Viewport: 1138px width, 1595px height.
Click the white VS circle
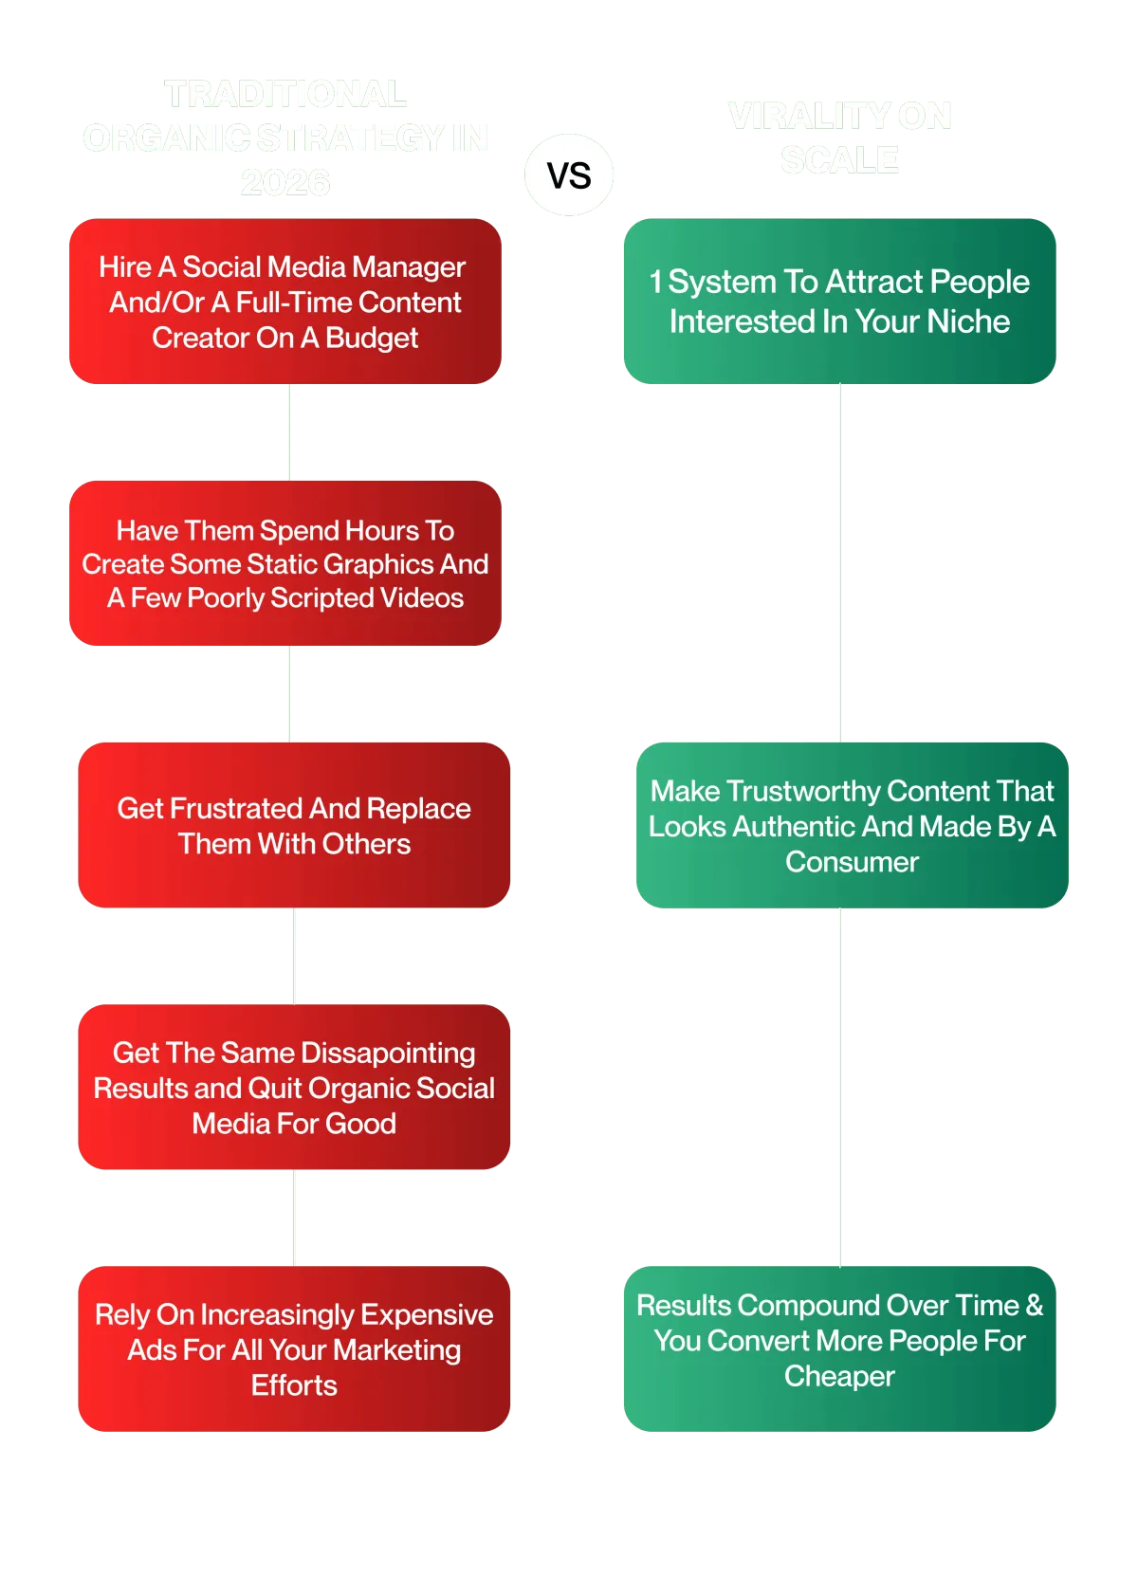(x=569, y=175)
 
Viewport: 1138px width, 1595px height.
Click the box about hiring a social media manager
(x=284, y=302)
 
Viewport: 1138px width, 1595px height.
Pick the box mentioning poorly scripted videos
(x=284, y=563)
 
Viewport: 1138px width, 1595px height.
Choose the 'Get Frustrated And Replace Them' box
(x=294, y=825)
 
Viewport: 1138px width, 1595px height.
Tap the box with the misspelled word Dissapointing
(x=294, y=1087)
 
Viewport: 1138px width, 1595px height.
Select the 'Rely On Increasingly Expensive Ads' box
(x=294, y=1348)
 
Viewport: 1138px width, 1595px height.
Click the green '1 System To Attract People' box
(x=839, y=302)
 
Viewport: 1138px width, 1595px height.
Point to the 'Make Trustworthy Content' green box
(x=852, y=825)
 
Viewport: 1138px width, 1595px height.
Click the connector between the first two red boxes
(x=292, y=432)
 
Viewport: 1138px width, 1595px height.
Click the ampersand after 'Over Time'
(x=1034, y=1306)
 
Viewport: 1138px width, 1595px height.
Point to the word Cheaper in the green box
(x=839, y=1376)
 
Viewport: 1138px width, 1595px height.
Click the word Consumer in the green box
(x=852, y=862)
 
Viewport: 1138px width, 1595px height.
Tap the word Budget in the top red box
(x=372, y=339)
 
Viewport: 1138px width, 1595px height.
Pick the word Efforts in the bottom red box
(x=294, y=1385)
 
